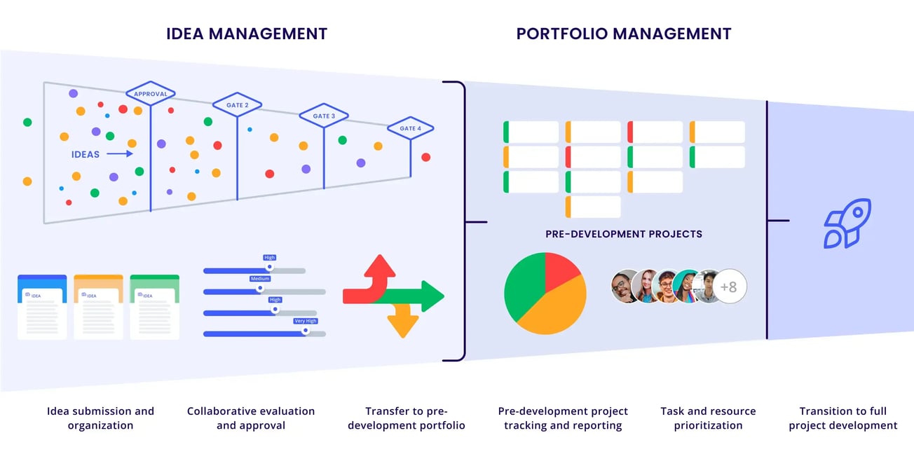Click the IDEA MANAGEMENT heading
coord(247,34)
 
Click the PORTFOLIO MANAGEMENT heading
coord(624,34)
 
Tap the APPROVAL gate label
coord(151,93)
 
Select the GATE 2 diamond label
coord(237,105)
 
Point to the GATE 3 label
coord(324,116)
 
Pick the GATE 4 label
coord(410,128)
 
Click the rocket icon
coord(847,223)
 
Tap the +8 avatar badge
coord(729,287)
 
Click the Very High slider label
coord(306,321)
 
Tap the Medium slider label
coord(260,278)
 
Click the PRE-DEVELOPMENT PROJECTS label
coord(624,234)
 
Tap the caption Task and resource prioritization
coord(708,418)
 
